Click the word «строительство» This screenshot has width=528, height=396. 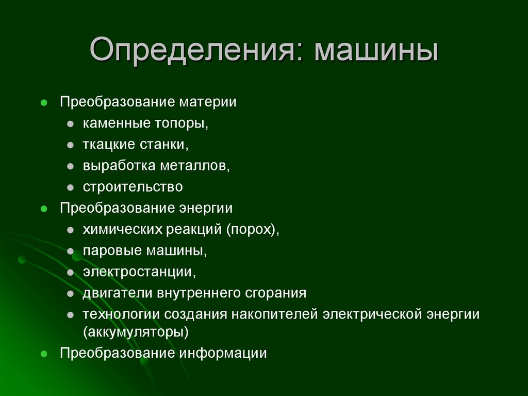133,187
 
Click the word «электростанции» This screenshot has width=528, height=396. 139,272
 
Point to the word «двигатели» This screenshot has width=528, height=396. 113,293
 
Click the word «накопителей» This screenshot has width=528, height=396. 275,314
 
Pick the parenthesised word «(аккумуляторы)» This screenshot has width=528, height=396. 136,332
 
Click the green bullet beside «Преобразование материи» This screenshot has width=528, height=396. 44,102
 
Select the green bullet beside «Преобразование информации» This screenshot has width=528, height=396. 44,354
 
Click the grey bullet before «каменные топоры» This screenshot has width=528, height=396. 70,124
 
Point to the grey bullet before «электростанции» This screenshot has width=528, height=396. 70,272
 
